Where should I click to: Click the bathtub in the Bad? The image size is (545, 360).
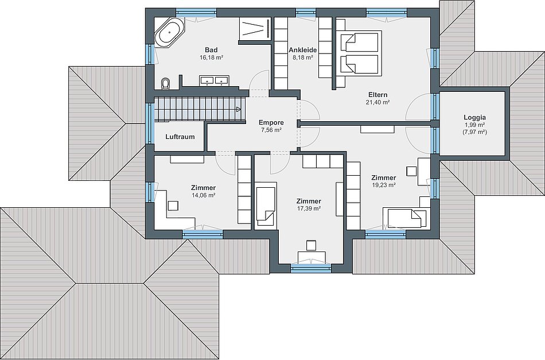(169, 33)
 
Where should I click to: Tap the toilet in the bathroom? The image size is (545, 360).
(166, 83)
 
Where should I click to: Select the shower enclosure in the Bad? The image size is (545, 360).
(255, 29)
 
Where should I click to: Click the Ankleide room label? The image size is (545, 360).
(303, 50)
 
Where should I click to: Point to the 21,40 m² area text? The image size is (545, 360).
(377, 102)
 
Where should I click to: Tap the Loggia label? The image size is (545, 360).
(474, 118)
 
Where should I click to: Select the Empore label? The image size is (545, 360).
(271, 122)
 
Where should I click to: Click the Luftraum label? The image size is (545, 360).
(180, 137)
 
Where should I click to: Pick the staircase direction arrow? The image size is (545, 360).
(239, 110)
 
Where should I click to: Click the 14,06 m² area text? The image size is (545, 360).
(203, 195)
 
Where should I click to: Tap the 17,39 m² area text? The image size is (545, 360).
(309, 208)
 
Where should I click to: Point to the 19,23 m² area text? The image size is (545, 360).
(384, 185)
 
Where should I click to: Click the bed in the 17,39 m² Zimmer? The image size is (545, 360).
(266, 205)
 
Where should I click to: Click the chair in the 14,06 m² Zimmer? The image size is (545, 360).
(173, 205)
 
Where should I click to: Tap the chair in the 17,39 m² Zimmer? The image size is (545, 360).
(311, 245)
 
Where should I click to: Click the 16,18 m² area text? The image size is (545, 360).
(211, 57)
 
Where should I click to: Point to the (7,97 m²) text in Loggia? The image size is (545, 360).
(474, 132)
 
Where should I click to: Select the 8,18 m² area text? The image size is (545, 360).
(303, 57)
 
